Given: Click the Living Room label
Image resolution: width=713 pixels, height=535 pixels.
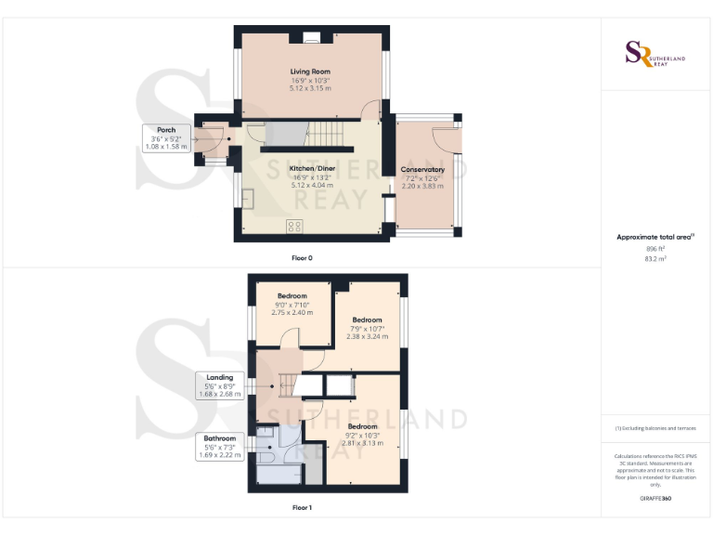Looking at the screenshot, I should coord(309,72).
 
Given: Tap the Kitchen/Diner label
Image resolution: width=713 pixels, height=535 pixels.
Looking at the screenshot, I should coord(311,168).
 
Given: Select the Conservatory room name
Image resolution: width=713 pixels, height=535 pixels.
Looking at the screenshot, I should coord(422,170).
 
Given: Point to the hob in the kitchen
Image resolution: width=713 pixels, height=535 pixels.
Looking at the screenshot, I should coord(295,226).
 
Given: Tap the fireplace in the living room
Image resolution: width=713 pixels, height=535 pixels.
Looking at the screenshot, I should coord(311,39).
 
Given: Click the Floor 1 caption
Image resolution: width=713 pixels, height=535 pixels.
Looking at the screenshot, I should coord(302,507).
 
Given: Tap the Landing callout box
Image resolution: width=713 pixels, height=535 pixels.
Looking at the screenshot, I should coord(219,385).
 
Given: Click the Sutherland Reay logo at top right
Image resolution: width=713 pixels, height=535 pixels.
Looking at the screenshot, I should coord(655,53).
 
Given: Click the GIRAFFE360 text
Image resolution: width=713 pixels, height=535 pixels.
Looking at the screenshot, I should coord(655,499).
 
